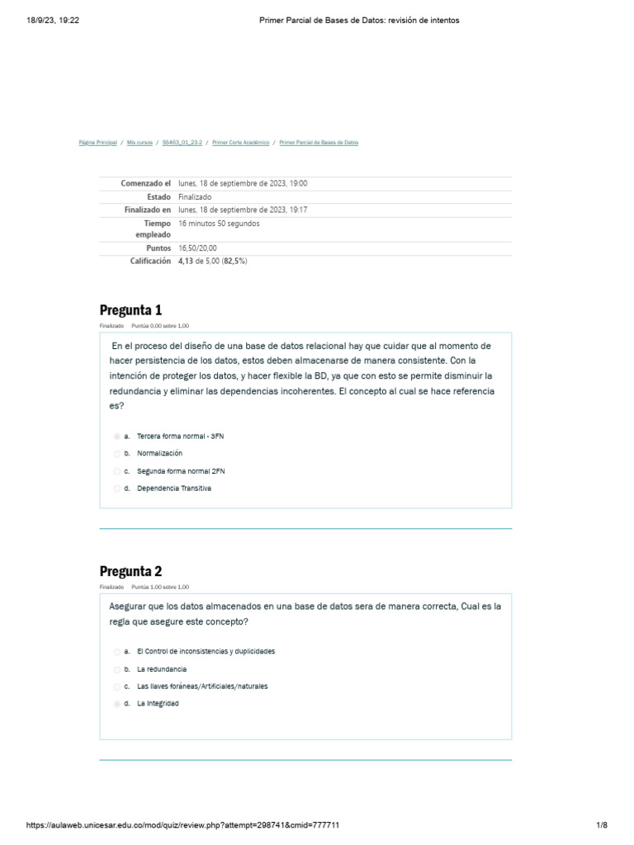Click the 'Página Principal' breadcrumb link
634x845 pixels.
[97, 143]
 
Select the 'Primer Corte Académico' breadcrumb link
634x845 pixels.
[240, 143]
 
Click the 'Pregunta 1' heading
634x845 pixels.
[130, 310]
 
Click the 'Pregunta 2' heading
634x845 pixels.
[130, 571]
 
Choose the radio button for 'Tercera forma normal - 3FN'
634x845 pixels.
[117, 436]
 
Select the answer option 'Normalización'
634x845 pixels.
[159, 453]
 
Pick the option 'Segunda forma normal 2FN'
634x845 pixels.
[180, 471]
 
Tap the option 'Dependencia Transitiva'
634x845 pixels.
[173, 489]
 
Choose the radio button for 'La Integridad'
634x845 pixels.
[117, 704]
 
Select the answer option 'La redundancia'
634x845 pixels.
[161, 668]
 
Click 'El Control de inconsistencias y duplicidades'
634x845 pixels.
[206, 651]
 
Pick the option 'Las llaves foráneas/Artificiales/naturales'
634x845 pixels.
[201, 686]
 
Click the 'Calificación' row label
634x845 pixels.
[149, 261]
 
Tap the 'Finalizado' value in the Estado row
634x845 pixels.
[194, 197]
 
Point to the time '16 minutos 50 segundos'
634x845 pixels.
[219, 224]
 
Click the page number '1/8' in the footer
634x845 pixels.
[601, 825]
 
